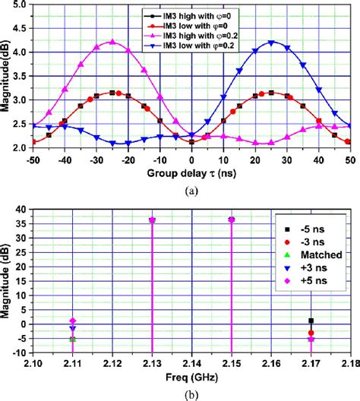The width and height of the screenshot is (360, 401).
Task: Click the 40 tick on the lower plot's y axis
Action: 24,209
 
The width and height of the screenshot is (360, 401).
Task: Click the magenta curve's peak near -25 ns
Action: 112,43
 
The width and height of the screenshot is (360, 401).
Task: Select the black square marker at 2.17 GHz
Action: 311,320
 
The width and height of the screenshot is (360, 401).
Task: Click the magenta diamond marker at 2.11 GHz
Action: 73,321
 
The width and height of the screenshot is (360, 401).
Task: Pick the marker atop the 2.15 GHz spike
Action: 232,219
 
